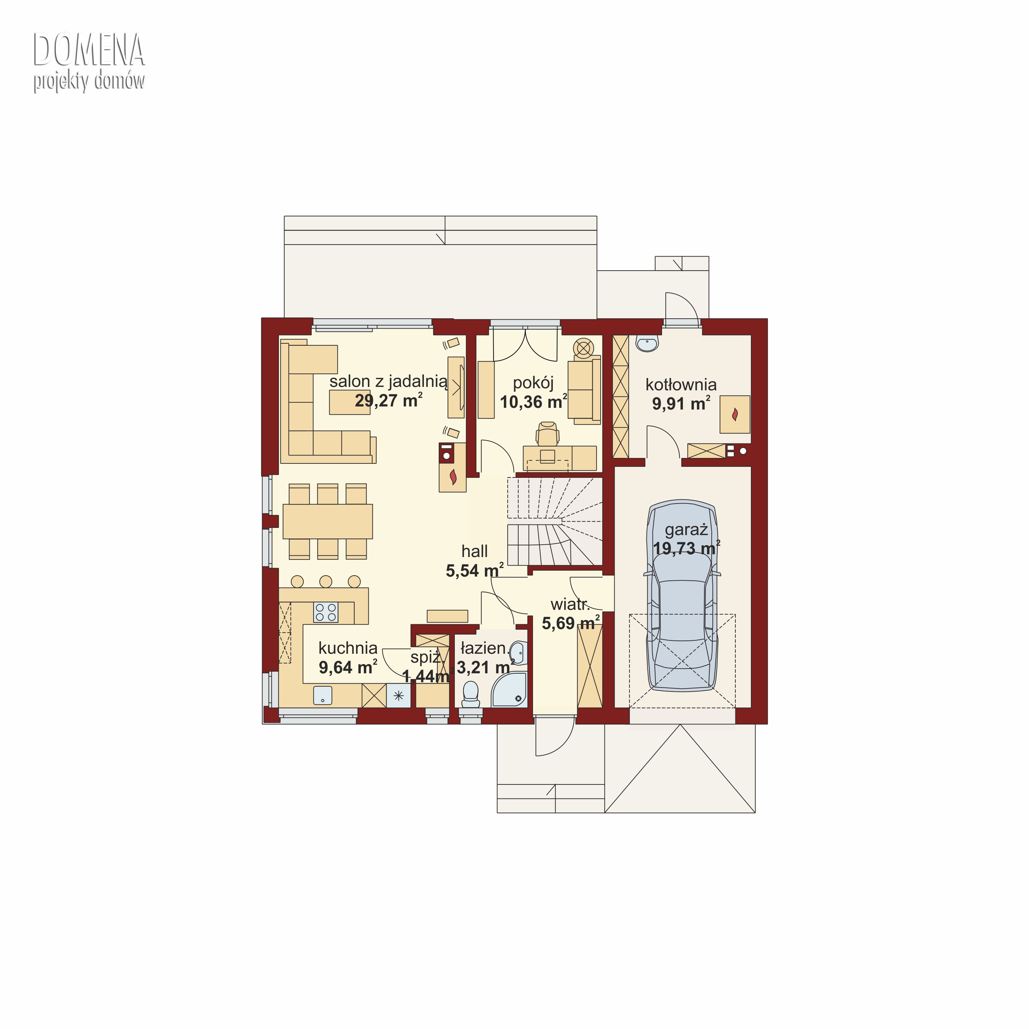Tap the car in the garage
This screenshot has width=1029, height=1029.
point(682,595)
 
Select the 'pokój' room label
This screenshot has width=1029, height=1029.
point(533,383)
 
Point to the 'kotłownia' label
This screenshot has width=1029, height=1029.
point(681,384)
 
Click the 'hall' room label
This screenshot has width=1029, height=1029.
point(475,551)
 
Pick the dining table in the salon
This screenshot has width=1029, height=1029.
point(328,521)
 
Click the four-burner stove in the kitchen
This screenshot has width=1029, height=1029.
point(326,612)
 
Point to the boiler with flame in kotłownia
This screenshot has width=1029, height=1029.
point(735,414)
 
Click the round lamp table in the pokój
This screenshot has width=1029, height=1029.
point(584,348)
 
